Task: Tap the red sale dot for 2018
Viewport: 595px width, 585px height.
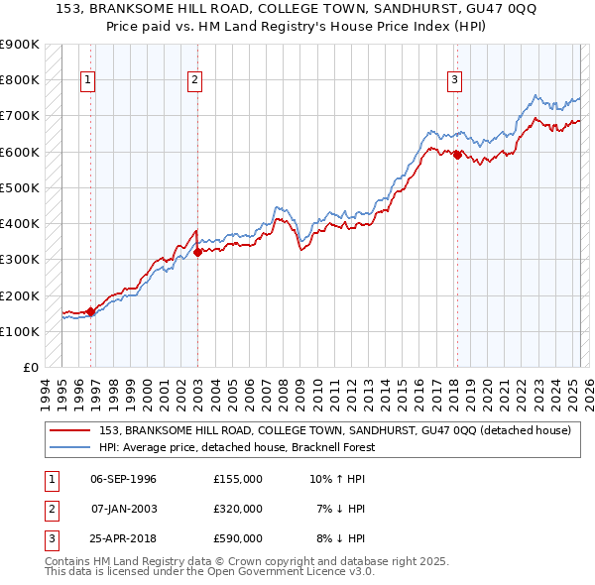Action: tap(457, 155)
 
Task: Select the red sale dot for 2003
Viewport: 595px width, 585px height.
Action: tap(197, 252)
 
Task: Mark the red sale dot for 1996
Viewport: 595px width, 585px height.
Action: tap(91, 311)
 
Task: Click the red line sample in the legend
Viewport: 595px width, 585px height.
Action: tap(71, 431)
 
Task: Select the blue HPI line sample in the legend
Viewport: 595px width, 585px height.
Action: tap(71, 447)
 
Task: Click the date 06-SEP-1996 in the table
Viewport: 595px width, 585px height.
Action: tap(123, 479)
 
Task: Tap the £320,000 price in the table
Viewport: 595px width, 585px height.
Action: tap(237, 509)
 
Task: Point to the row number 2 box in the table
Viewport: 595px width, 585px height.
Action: tap(52, 509)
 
